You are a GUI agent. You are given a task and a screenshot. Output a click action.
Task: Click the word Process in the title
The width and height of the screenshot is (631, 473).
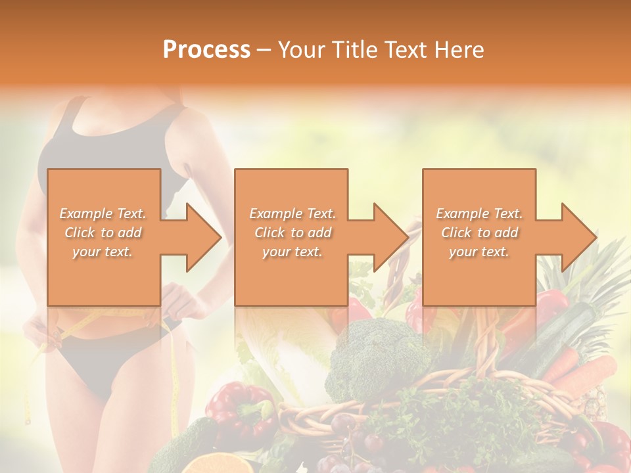pyautogui.click(x=206, y=50)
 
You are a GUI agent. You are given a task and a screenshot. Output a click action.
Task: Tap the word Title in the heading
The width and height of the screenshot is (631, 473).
pyautogui.click(x=352, y=50)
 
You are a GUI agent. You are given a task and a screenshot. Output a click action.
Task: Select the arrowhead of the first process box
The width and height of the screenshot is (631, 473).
pyautogui.click(x=204, y=237)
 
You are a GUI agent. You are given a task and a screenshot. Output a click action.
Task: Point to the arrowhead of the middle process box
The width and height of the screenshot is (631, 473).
pyautogui.click(x=391, y=237)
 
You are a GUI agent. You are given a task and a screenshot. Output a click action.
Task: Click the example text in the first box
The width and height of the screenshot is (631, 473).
pyautogui.click(x=103, y=233)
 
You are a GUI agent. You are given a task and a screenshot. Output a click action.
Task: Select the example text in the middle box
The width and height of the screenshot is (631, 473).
pyautogui.click(x=292, y=233)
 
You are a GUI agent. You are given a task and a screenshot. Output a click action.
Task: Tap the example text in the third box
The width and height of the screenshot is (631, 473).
pyautogui.click(x=479, y=233)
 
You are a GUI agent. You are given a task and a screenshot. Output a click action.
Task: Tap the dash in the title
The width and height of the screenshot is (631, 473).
pyautogui.click(x=264, y=50)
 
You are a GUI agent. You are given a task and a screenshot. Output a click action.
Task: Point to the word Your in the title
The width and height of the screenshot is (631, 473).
pyautogui.click(x=302, y=50)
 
